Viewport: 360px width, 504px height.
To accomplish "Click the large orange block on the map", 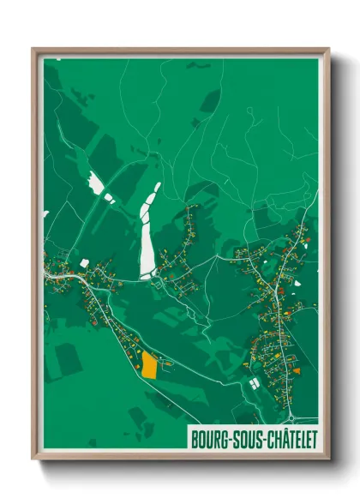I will pyautogui.click(x=149, y=366).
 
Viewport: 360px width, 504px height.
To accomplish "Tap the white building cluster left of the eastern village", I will pyautogui.click(x=254, y=384).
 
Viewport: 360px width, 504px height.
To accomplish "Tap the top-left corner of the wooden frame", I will pyautogui.click(x=33, y=50).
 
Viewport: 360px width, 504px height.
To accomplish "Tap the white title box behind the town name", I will pyautogui.click(x=253, y=440).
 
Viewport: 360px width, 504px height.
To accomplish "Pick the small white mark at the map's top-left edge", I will pyautogui.click(x=57, y=59).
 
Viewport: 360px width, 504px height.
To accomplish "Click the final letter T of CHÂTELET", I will pyautogui.click(x=313, y=440).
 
